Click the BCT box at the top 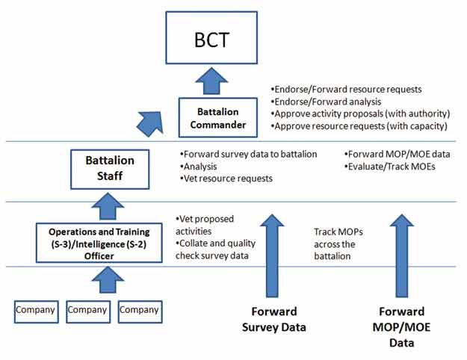tap(211, 38)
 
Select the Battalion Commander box tap(218, 117)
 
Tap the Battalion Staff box tap(110, 169)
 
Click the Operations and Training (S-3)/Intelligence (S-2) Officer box tap(99, 243)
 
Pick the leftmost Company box tap(37, 311)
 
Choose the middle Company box tap(88, 311)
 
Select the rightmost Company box tap(140, 311)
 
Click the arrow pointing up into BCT tap(211, 81)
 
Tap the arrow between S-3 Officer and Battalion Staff tap(108, 206)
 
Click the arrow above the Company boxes tap(108, 279)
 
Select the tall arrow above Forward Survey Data tap(272, 255)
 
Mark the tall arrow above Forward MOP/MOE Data tap(402, 255)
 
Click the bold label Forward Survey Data tap(274, 319)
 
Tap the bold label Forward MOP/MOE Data tap(401, 327)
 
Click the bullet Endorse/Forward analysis tap(326, 102)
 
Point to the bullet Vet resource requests tap(226, 179)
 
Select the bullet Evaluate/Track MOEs tap(389, 167)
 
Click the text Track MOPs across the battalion tap(338, 244)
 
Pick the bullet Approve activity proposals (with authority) tap(360, 114)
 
